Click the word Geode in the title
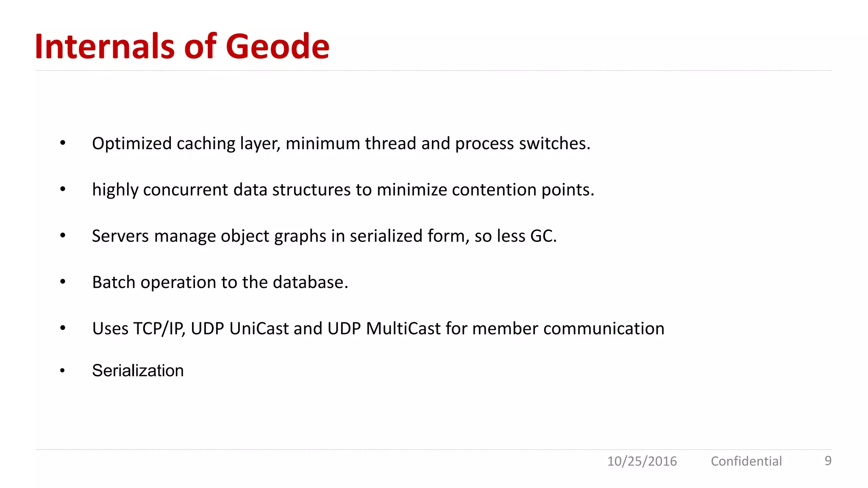tap(278, 47)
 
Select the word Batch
tap(114, 282)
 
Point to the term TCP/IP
tap(159, 329)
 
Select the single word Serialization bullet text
tap(138, 371)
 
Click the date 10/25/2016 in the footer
tap(642, 461)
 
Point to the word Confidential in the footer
tap(746, 461)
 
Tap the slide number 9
tap(828, 460)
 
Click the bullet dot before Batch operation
tap(63, 282)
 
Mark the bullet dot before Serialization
tap(62, 371)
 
